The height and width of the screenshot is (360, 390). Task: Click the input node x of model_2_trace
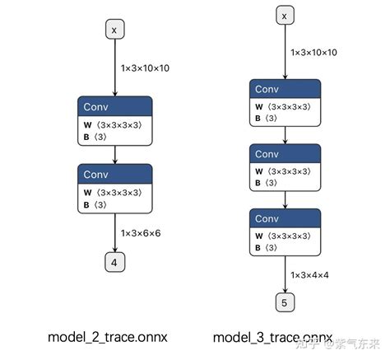point(114,30)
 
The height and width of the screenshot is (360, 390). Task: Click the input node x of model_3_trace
point(285,16)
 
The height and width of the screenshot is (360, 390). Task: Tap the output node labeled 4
point(114,262)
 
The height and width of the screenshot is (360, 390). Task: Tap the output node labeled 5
point(285,302)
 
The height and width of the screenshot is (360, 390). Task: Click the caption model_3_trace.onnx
point(273,337)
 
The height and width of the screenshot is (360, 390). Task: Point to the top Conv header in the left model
point(114,106)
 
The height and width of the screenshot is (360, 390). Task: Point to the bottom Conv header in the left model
point(114,173)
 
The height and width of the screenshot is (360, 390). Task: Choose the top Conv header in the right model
point(285,89)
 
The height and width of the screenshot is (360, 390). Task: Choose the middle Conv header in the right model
point(285,154)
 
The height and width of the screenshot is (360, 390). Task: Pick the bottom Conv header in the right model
point(285,218)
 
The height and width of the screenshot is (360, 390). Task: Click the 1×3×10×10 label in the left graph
point(145,68)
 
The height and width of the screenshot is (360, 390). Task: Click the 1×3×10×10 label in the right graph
point(313,52)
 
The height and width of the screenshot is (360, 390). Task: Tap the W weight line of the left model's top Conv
point(114,124)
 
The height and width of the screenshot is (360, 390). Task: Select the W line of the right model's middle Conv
point(285,172)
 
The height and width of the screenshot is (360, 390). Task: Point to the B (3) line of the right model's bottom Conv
point(267,248)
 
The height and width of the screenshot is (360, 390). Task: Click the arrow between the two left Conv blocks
point(114,154)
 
